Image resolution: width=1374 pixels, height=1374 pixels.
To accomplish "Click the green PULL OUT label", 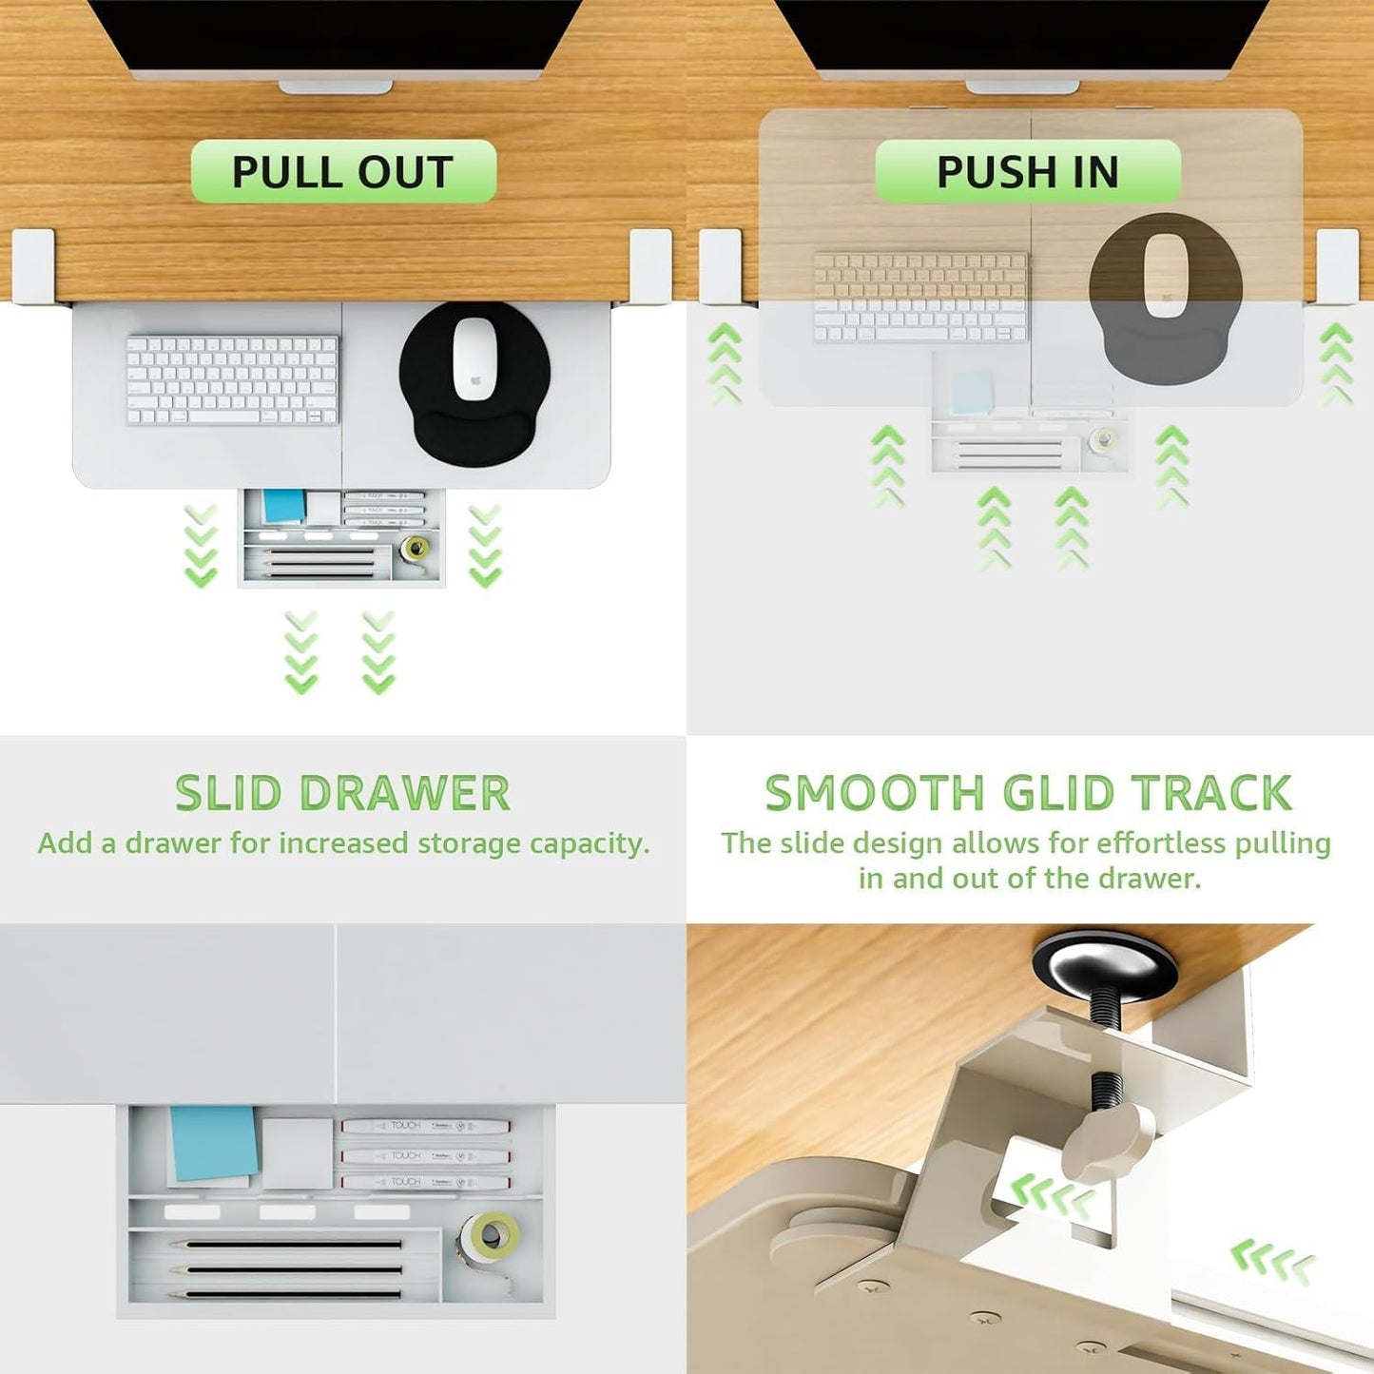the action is click(343, 171).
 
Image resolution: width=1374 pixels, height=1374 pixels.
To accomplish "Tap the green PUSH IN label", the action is click(1028, 171).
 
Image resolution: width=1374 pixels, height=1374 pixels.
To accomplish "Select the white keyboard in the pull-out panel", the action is click(233, 380).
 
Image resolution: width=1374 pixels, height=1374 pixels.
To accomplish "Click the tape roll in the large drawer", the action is click(489, 1233).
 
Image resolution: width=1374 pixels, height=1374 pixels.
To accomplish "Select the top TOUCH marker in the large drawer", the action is click(426, 1127).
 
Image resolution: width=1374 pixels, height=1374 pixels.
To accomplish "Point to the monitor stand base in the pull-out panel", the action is click(335, 87).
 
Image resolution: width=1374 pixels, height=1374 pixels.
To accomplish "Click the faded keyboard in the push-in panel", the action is click(920, 298).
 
